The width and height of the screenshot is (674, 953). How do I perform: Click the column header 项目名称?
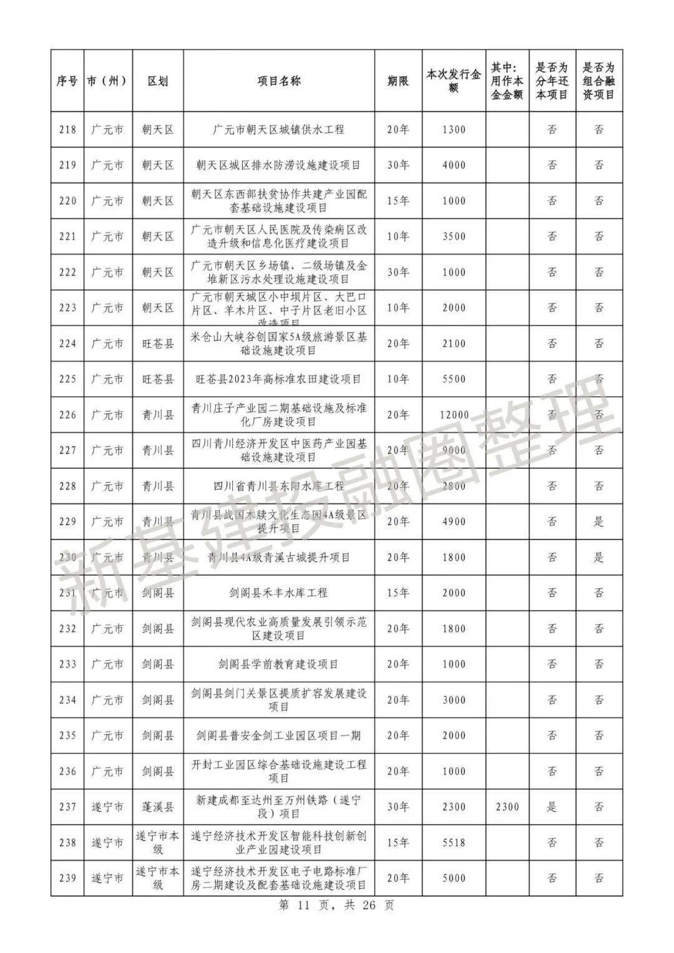coord(279,81)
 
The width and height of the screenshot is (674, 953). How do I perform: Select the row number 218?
coord(67,130)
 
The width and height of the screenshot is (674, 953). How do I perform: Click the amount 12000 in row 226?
coord(454,415)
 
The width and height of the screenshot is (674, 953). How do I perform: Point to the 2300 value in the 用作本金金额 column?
coord(507,807)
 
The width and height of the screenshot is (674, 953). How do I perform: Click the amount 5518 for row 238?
coord(454,842)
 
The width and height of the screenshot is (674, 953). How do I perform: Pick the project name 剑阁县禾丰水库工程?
coord(278,593)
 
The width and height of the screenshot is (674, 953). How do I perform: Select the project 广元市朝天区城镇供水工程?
coord(278,130)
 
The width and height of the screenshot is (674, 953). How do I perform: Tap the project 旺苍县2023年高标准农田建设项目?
coord(278,379)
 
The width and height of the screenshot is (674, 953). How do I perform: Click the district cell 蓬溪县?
coord(157,807)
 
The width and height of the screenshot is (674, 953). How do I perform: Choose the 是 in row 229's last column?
coord(598,521)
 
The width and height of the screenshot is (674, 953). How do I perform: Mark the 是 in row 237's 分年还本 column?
coord(552,807)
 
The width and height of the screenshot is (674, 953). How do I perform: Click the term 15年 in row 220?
coord(398,201)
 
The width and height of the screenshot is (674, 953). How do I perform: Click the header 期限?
coord(398,81)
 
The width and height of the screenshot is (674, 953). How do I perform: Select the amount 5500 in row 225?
coord(454,379)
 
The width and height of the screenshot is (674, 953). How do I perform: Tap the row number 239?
coord(67,878)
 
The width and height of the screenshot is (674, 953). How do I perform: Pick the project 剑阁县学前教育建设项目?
coord(278,664)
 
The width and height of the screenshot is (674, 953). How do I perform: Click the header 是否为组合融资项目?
coord(598,81)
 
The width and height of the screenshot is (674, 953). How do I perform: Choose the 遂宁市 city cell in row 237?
coord(107,807)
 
